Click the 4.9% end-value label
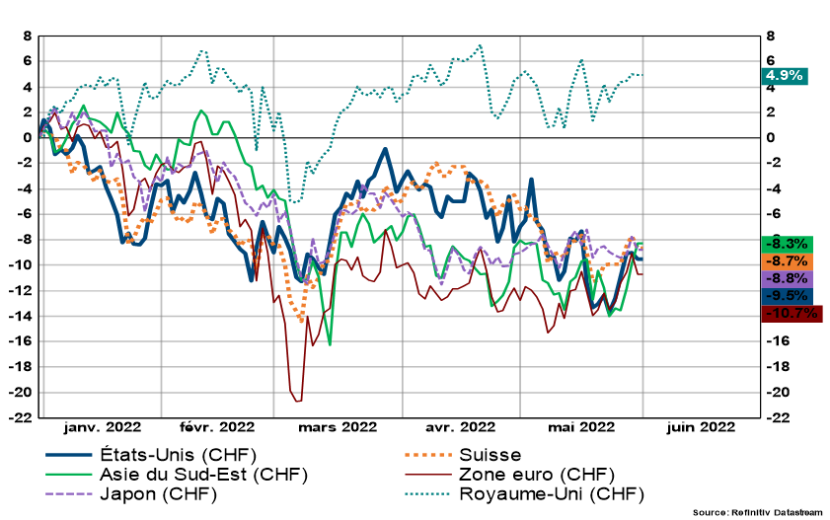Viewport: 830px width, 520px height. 785,75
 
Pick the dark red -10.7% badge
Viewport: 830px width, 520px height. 791,314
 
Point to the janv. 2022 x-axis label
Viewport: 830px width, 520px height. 102,427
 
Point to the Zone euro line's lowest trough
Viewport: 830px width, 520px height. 297,401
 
